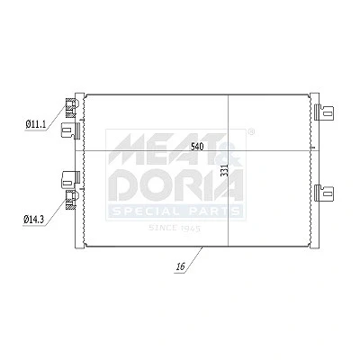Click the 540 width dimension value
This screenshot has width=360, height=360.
point(197,147)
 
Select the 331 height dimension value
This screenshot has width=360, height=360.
point(225,170)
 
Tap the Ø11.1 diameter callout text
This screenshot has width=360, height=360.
point(36,124)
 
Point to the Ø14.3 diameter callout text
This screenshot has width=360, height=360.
point(33,220)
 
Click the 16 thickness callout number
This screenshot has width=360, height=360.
point(180,266)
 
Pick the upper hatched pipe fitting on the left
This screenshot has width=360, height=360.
point(71,108)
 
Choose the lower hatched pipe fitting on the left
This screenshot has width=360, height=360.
point(71,200)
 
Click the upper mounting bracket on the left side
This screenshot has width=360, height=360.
point(70,130)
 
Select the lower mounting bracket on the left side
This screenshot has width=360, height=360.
point(70,179)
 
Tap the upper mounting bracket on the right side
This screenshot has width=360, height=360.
point(324,112)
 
